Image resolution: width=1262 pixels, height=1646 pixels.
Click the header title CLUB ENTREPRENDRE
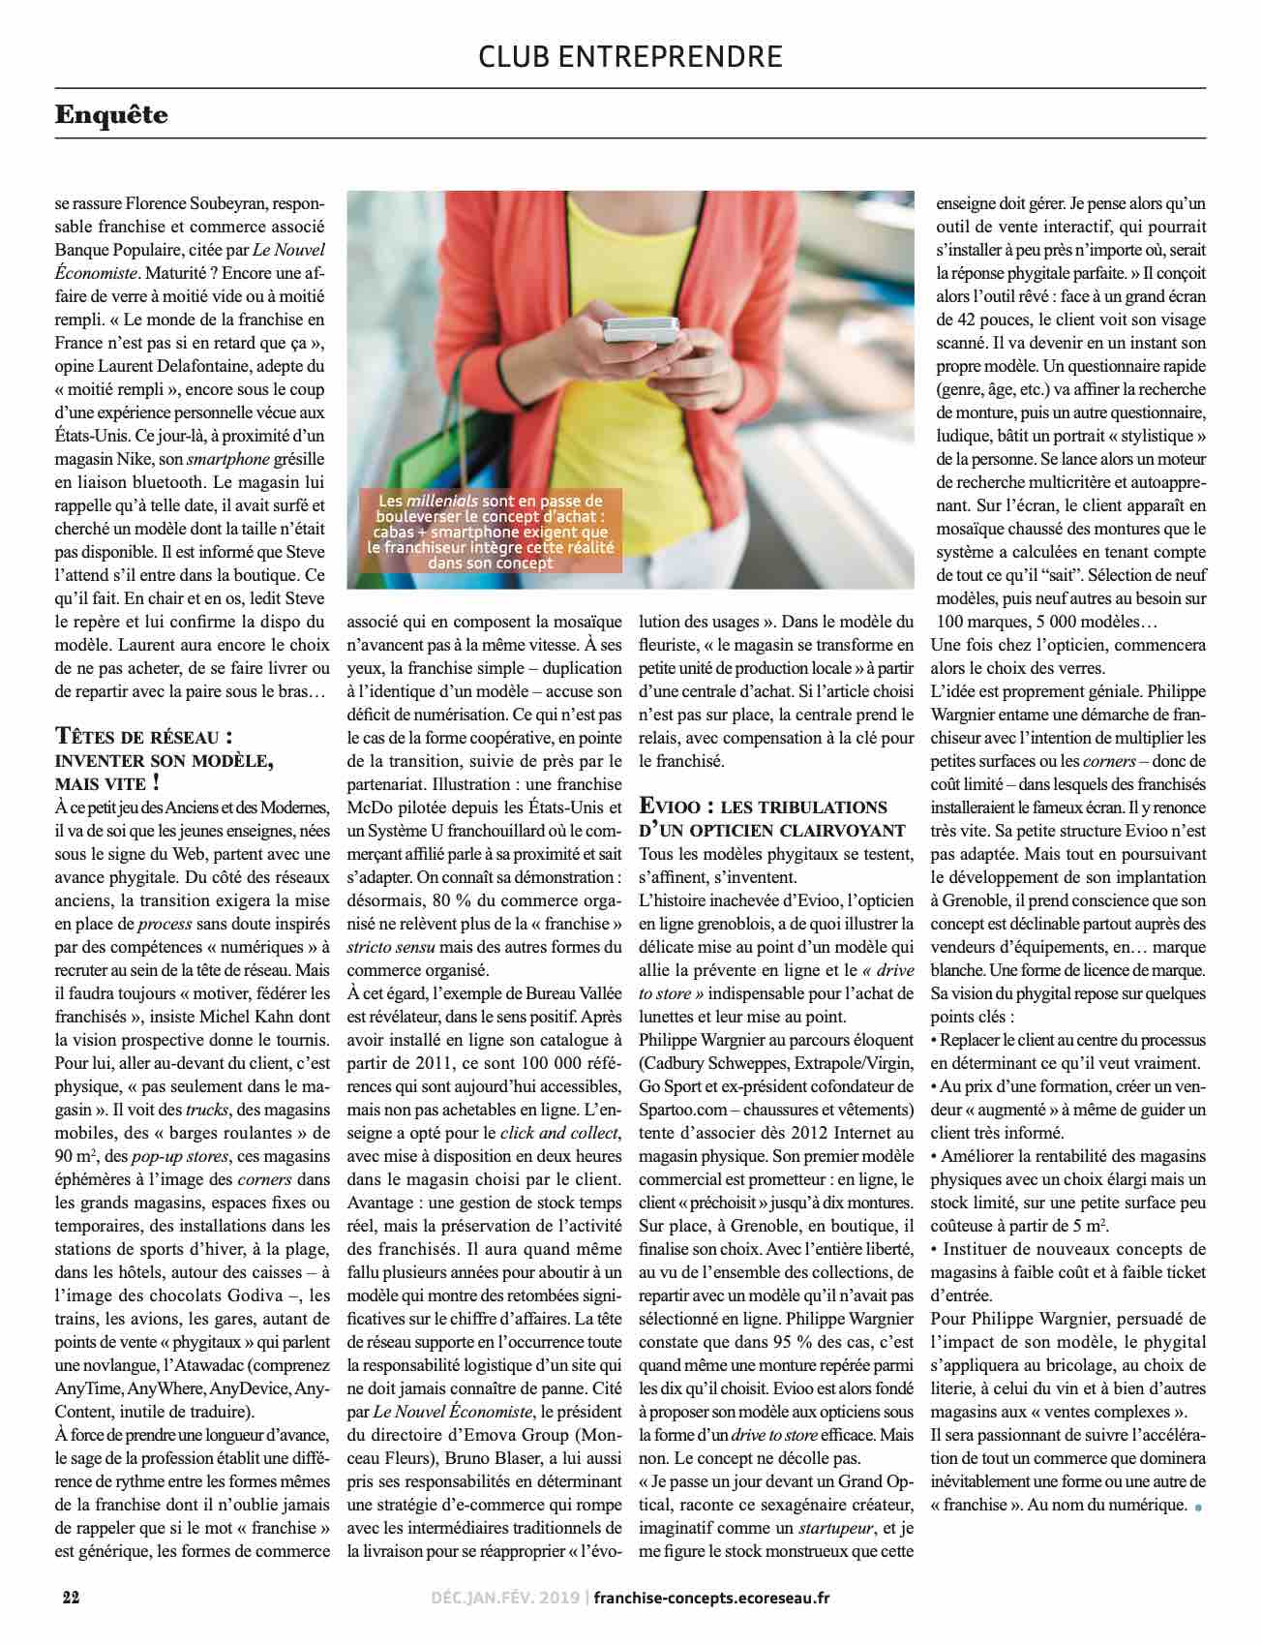pos(630,56)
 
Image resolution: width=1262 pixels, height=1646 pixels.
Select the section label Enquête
pos(111,115)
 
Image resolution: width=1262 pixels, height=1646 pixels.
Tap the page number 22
pos(71,1597)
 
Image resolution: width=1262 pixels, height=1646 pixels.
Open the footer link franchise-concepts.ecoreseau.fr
pos(711,1598)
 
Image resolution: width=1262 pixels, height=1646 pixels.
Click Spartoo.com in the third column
pos(685,1108)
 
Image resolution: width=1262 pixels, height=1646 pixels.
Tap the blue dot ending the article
pos(1199,1507)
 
